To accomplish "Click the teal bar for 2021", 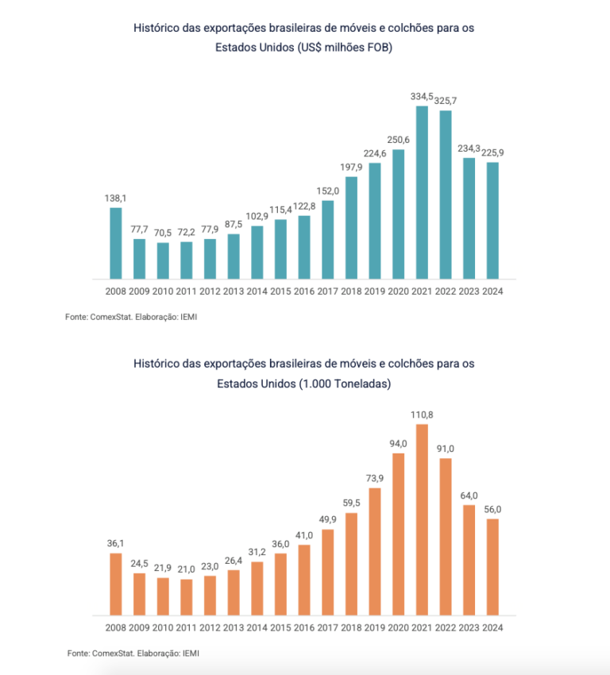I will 422,192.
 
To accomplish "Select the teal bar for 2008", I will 116,243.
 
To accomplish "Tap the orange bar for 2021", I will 422,520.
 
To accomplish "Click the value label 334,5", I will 422,96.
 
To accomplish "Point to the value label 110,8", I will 422,415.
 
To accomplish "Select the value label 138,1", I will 116,198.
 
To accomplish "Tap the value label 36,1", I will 116,543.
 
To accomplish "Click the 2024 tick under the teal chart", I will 492,291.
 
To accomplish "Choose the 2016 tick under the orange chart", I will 304,627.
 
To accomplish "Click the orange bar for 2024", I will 492,567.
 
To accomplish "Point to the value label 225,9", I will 492,152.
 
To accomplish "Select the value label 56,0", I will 492,509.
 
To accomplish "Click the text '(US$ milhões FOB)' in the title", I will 346,48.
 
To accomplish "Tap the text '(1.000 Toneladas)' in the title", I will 346,384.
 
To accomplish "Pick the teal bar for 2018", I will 351,228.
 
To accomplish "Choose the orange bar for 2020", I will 398,534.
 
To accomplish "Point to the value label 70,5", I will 163,233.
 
